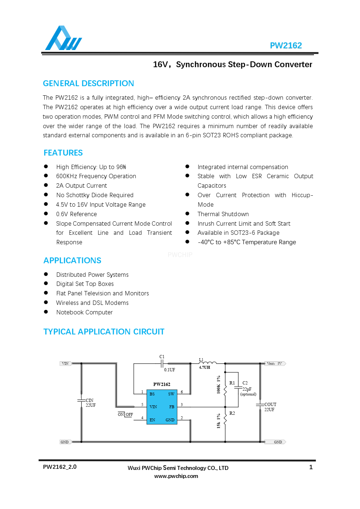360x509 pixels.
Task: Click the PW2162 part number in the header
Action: tap(285, 46)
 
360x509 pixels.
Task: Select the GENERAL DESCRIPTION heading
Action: tap(88, 84)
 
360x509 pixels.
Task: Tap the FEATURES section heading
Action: tap(63, 153)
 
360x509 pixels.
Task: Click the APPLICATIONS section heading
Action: tap(72, 261)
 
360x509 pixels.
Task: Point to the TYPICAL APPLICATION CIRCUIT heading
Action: tap(104, 332)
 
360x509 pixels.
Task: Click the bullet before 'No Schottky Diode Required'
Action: tap(46, 195)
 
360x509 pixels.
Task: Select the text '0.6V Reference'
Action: tap(76, 214)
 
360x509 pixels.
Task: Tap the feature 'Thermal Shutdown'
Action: tap(223, 214)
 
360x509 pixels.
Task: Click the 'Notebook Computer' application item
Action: tap(84, 313)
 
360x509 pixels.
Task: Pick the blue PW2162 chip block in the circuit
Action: tap(162, 407)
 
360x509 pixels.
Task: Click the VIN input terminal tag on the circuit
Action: tap(65, 364)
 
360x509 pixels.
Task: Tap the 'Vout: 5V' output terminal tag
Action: tap(274, 364)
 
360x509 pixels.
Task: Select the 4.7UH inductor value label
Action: tap(205, 367)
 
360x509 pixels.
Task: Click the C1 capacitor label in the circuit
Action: tap(162, 357)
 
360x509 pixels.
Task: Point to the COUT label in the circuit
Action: tap(270, 405)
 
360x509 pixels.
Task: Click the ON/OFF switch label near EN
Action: tap(125, 414)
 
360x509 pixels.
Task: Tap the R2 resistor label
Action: tap(232, 413)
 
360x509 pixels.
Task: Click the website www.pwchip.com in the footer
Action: tap(176, 476)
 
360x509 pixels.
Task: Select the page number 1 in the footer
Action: tap(311, 467)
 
